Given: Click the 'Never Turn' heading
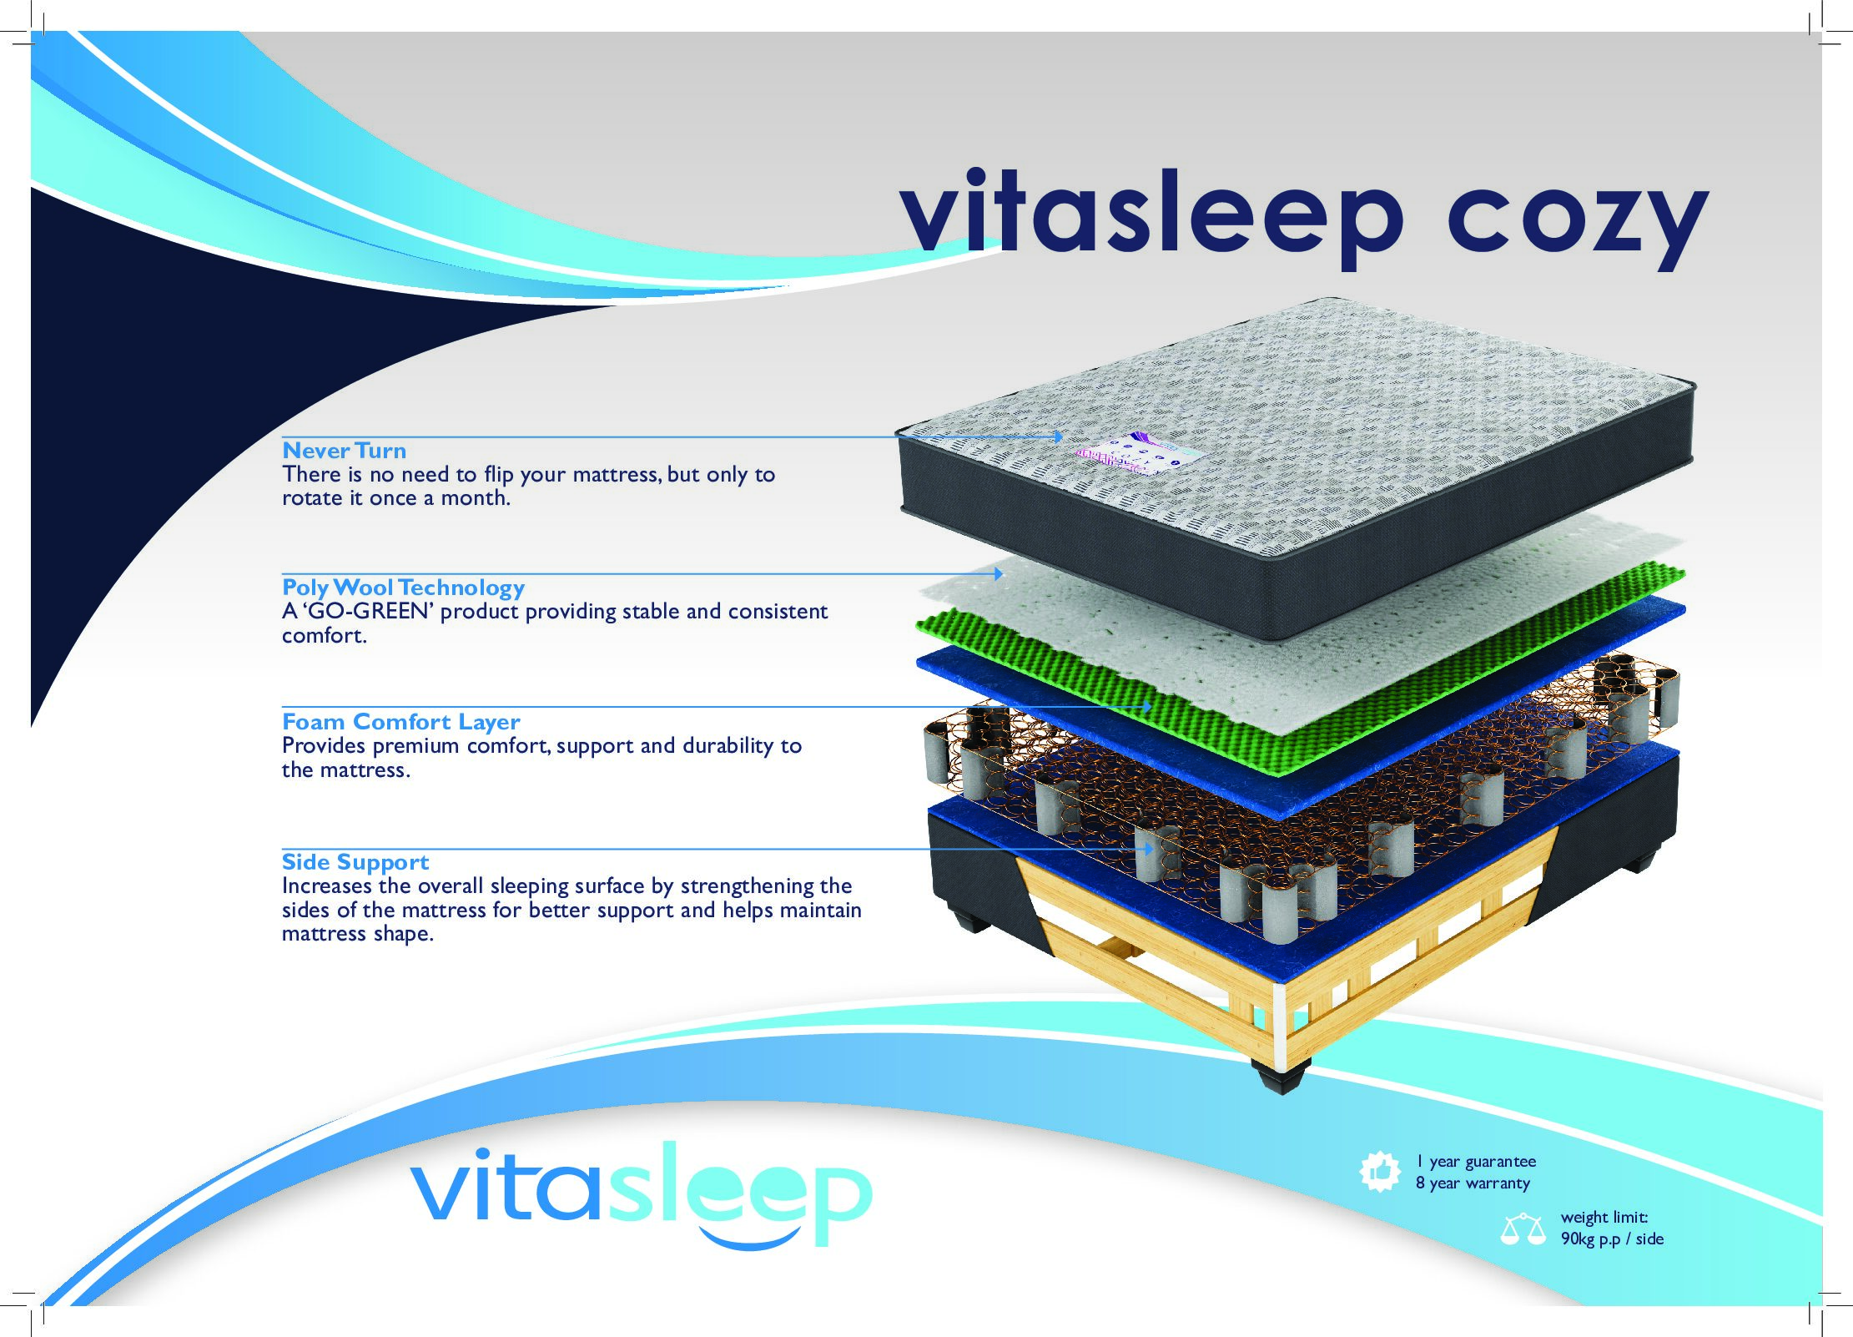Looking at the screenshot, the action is tap(344, 451).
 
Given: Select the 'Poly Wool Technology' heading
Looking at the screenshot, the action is tap(403, 588).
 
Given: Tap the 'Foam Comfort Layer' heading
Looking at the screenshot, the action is tap(400, 721).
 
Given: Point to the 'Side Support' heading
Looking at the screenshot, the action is tap(355, 862).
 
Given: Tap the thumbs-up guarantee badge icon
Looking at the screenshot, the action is tap(1379, 1172).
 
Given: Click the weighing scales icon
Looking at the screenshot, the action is tap(1523, 1230).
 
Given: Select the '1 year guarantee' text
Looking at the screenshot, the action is tap(1475, 1161).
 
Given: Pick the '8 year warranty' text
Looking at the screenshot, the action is tap(1473, 1183).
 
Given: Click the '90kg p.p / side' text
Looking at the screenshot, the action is tap(1612, 1239).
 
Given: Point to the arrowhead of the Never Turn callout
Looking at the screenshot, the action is tap(1058, 436).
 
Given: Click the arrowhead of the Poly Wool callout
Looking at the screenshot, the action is tap(998, 573).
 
